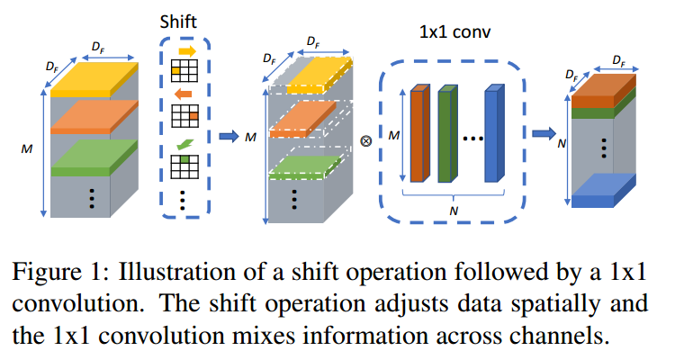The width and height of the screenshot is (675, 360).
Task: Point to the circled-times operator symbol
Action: [365, 142]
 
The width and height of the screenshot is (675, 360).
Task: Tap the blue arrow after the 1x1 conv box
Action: [541, 134]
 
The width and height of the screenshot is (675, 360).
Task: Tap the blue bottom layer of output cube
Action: [605, 188]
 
